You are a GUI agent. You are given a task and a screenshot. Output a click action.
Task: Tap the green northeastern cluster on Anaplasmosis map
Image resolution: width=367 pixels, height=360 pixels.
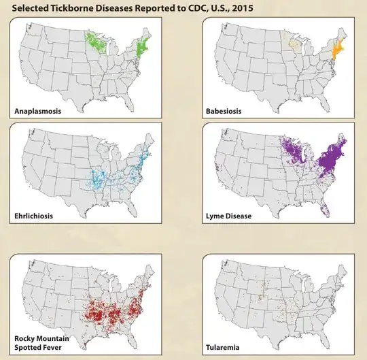pyautogui.click(x=141, y=48)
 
